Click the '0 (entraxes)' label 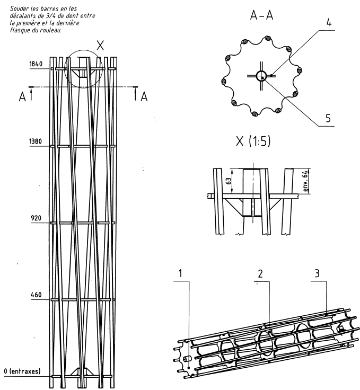[22, 371]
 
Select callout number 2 [261, 274]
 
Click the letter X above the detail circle [100, 46]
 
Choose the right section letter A [144, 96]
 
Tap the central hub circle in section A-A [261, 76]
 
